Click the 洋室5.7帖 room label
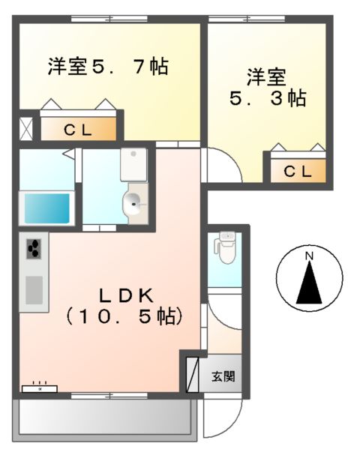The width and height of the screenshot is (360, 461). pyautogui.click(x=107, y=67)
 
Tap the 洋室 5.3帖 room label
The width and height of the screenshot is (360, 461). pyautogui.click(x=267, y=88)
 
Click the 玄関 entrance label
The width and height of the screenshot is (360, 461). pyautogui.click(x=223, y=376)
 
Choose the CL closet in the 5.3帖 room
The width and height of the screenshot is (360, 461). pyautogui.click(x=298, y=171)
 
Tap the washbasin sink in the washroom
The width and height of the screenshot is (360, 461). pyautogui.click(x=135, y=202)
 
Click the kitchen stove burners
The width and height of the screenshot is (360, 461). pyautogui.click(x=34, y=249)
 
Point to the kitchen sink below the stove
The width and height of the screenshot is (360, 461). pyautogui.click(x=34, y=289)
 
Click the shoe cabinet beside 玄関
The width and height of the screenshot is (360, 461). pyautogui.click(x=192, y=373)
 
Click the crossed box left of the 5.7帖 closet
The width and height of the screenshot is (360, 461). pyautogui.click(x=26, y=128)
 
